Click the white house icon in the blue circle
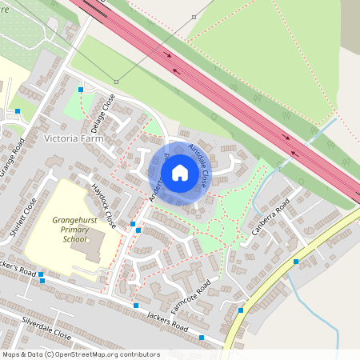180,172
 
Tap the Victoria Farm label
76,138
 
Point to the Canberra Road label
270,223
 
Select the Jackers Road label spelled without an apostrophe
167,322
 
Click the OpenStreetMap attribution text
80,354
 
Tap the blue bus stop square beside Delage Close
81,90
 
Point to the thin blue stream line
304,296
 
